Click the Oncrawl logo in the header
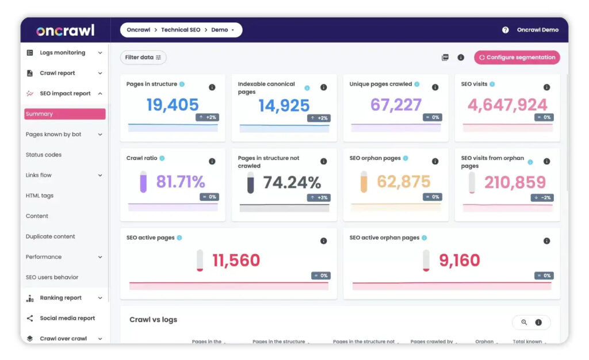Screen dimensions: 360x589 pos(65,30)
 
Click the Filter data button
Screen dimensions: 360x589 pos(143,58)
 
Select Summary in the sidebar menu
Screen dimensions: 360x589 pos(64,114)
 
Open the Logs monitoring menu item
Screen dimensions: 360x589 pos(62,53)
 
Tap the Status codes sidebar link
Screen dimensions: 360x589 pos(44,155)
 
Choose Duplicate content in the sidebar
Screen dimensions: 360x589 pos(51,236)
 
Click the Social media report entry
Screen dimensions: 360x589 pos(67,318)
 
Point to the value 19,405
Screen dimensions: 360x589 pos(173,105)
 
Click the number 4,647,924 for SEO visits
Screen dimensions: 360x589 pos(507,105)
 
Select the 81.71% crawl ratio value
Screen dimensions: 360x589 pos(181,182)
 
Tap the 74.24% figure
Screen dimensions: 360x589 pos(292,182)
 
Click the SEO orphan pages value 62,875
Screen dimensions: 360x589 pos(403,182)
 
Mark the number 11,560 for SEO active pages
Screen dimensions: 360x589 pos(236,260)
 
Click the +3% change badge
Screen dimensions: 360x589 pos(320,197)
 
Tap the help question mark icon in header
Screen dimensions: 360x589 pos(505,30)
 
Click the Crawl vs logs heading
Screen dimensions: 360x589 pos(153,320)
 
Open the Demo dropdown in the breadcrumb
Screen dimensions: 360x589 pos(223,30)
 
